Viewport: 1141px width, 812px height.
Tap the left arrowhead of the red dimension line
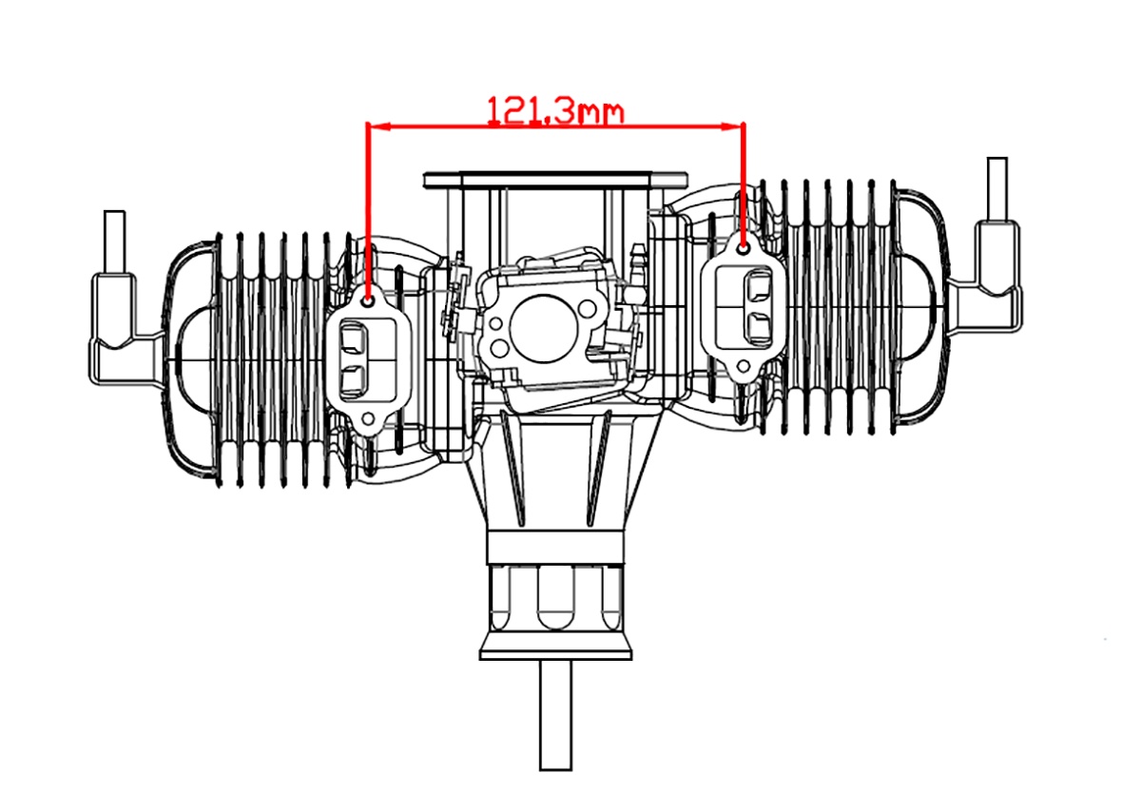point(379,126)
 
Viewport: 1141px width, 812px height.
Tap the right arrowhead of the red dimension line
point(730,126)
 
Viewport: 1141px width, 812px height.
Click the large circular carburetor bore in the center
point(544,329)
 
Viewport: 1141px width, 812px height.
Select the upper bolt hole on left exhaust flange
point(368,302)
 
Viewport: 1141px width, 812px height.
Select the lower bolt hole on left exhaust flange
point(368,419)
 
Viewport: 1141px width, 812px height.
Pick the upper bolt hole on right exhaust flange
point(744,249)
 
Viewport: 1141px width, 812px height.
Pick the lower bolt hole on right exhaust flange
point(744,366)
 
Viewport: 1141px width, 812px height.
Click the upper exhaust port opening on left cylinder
point(353,338)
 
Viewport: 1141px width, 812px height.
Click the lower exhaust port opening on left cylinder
point(353,380)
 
